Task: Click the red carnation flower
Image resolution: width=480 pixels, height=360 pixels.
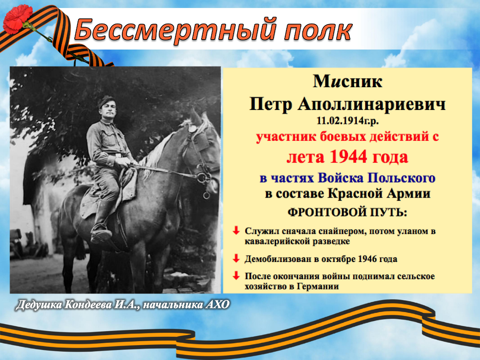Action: (18, 19)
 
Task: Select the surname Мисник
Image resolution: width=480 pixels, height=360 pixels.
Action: (348, 82)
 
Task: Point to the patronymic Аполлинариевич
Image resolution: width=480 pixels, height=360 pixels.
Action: (371, 104)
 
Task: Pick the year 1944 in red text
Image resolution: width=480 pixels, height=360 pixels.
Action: (348, 156)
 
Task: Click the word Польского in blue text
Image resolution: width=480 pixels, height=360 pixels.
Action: (401, 178)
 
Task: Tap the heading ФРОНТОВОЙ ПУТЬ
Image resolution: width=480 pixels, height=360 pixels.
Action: (347, 212)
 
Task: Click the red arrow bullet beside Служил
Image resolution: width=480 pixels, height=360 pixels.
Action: (236, 231)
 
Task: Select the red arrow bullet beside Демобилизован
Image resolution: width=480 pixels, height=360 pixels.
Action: (236, 258)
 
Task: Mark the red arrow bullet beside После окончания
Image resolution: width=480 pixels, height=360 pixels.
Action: (236, 276)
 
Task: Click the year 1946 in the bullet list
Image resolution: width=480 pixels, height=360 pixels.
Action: (367, 259)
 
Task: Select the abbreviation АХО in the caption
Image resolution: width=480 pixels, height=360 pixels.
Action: (217, 305)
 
